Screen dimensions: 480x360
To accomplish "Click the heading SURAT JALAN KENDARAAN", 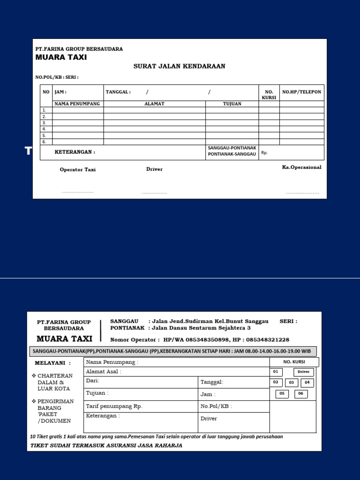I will [179, 66].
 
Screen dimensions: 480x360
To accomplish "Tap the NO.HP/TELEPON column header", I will [301, 92].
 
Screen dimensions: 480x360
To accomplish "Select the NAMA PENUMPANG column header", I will [77, 104].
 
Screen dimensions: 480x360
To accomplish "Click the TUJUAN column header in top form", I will [232, 104].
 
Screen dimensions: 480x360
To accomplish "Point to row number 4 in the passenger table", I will [45, 129].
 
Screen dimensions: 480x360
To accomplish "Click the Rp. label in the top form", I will [264, 153].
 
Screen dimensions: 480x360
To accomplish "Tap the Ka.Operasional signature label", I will [301, 167].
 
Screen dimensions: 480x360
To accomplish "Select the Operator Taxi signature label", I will [77, 170].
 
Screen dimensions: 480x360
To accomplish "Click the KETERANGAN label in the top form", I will [75, 152].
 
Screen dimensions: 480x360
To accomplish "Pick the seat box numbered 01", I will [276, 372].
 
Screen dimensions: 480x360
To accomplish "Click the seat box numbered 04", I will [307, 382].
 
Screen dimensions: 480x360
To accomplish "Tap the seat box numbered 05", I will [282, 394].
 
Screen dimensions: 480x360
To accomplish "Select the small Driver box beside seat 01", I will [303, 372].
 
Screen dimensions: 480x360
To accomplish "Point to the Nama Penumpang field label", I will [112, 362].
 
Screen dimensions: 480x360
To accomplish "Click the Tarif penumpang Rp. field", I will [114, 406].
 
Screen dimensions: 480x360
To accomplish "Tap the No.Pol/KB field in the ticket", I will [216, 406].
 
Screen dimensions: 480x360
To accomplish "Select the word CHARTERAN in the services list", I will [55, 375].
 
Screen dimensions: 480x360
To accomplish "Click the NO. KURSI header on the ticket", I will [294, 362].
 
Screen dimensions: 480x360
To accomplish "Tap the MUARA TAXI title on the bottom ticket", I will [64, 338].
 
